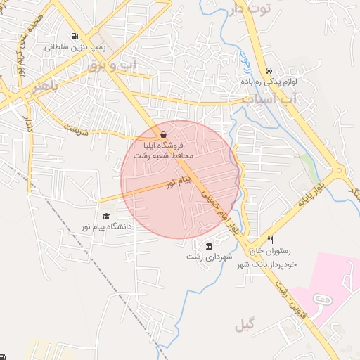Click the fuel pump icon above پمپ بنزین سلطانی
tap(74, 37)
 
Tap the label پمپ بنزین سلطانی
tap(75, 49)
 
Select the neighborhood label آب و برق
tap(112, 65)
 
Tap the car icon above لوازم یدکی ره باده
tap(270, 71)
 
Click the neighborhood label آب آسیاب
tap(280, 100)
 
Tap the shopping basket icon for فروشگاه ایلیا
tap(163, 134)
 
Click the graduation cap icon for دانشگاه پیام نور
tap(106, 216)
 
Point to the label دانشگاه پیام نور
tap(106, 227)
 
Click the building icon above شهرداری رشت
tap(210, 245)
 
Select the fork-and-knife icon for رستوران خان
tap(270, 240)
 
